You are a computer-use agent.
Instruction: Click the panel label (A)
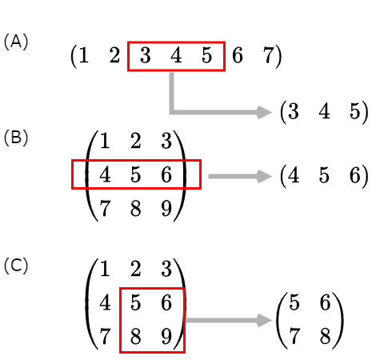click(x=16, y=42)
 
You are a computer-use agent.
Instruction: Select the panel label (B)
click(x=16, y=138)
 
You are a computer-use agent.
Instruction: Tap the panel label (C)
click(x=16, y=266)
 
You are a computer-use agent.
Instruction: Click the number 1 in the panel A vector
click(x=83, y=55)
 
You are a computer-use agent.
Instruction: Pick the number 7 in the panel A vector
click(x=269, y=55)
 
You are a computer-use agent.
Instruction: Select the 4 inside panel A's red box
click(x=176, y=55)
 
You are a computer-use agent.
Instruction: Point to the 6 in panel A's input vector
click(x=238, y=55)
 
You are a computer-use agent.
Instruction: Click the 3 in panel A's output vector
click(x=294, y=111)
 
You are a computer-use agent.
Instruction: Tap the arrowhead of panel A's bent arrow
click(x=264, y=112)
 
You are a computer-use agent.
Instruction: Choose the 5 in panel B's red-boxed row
click(x=135, y=175)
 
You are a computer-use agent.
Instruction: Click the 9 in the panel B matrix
click(x=166, y=208)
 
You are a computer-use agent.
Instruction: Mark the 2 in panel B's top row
click(x=135, y=141)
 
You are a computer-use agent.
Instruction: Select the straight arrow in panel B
click(x=240, y=176)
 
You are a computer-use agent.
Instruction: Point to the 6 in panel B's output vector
click(x=355, y=175)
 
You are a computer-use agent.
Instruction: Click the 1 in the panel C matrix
click(x=105, y=269)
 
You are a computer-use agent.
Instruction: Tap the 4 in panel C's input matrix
click(x=105, y=302)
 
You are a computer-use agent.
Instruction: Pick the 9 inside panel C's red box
click(x=166, y=336)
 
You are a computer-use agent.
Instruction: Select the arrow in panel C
click(x=229, y=320)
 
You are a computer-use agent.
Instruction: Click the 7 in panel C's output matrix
click(x=294, y=336)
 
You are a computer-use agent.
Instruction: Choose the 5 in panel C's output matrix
click(x=294, y=302)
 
